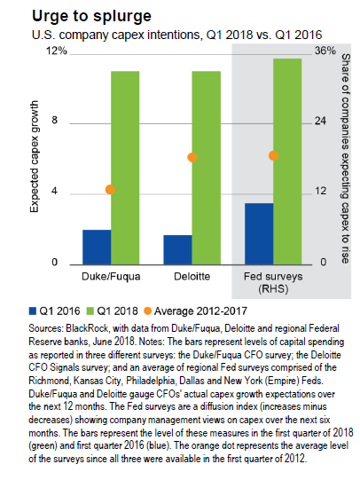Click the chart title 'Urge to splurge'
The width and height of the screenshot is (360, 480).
tap(91, 17)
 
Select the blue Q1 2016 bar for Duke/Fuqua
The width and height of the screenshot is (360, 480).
tap(97, 247)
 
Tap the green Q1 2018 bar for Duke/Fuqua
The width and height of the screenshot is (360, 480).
tap(125, 168)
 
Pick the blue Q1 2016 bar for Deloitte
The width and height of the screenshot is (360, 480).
tap(177, 250)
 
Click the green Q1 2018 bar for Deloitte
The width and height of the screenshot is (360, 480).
tap(206, 168)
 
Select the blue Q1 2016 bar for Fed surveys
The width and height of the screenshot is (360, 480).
tap(259, 234)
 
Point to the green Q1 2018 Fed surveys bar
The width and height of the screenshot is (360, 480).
tap(287, 161)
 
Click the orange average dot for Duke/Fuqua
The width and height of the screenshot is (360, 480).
tap(110, 190)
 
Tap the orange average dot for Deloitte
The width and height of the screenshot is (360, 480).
tap(192, 157)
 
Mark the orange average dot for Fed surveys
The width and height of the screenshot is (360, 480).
tap(273, 155)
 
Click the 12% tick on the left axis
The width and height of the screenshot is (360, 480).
tap(57, 51)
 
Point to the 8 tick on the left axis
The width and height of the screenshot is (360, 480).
tap(54, 120)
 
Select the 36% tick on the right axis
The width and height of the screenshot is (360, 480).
tap(325, 51)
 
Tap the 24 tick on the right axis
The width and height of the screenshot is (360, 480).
tap(320, 121)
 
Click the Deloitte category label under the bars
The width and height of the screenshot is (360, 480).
tap(192, 277)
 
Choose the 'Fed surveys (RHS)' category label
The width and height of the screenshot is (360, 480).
tap(273, 282)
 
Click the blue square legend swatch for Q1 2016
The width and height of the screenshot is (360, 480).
tap(33, 311)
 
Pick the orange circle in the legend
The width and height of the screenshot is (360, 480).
tap(147, 311)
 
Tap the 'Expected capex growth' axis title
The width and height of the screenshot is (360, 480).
tap(35, 156)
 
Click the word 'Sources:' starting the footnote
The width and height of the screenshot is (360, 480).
tap(46, 328)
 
